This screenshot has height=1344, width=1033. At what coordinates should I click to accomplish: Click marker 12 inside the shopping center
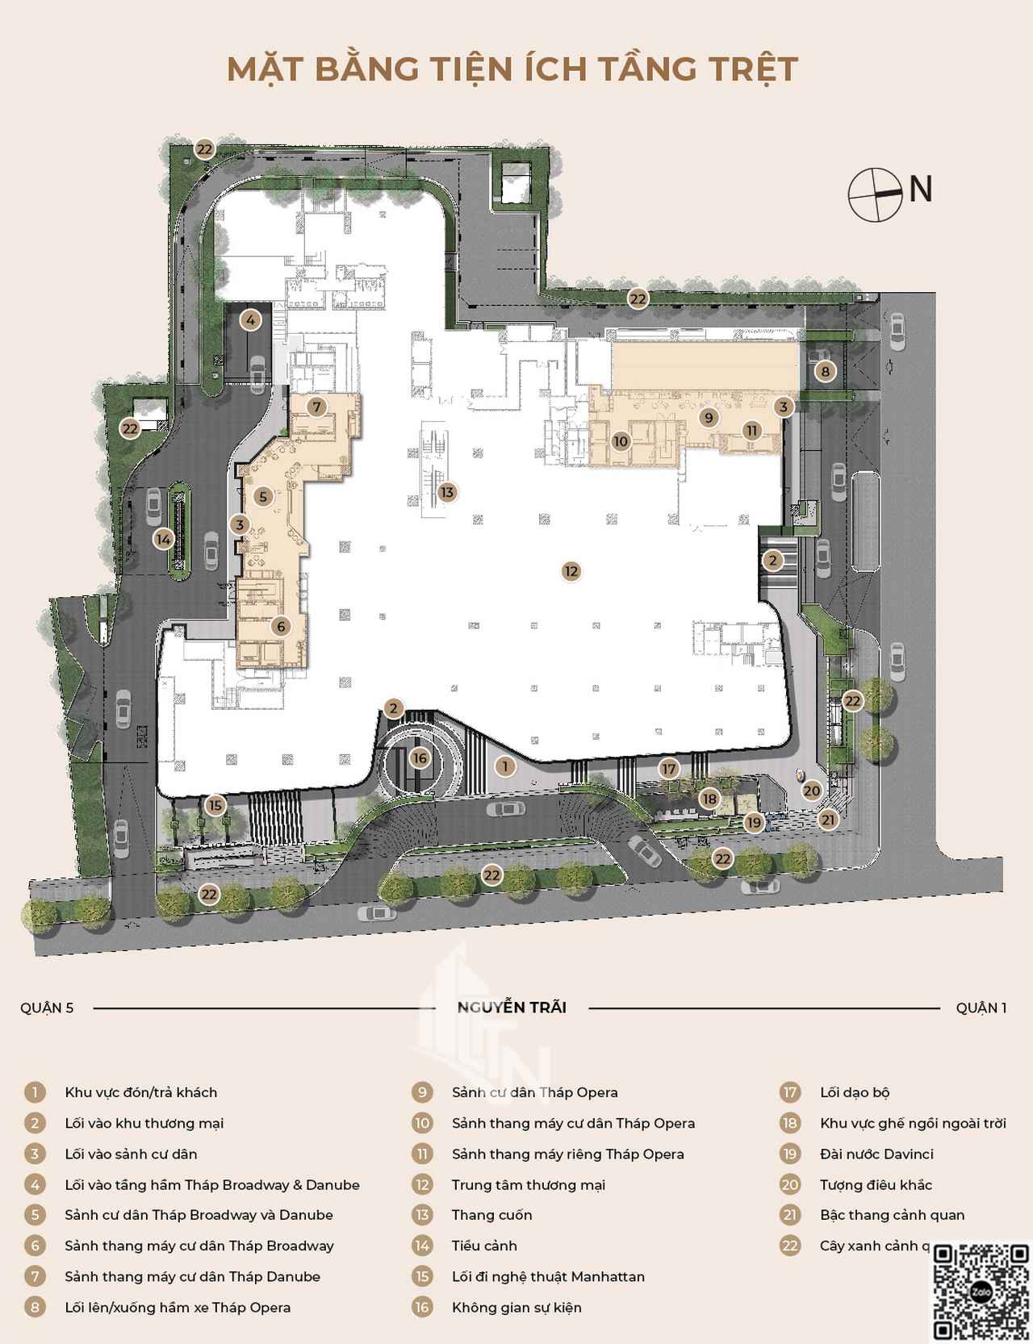point(571,571)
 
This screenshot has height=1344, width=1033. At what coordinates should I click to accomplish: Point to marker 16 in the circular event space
point(419,758)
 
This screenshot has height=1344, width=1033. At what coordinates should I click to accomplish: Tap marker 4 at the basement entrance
point(251,320)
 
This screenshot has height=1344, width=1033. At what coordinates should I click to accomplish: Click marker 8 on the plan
point(824,372)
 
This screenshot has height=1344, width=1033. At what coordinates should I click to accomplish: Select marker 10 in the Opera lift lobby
point(621,441)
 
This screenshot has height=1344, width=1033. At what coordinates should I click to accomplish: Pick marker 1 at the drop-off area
point(505,766)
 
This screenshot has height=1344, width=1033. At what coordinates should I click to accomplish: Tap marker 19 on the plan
point(755,823)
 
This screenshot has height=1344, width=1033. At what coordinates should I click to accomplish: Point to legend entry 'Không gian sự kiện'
point(516,1308)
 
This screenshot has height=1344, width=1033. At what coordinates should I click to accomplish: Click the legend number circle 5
point(35,1215)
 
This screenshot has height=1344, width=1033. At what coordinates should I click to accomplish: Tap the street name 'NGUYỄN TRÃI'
point(512,1008)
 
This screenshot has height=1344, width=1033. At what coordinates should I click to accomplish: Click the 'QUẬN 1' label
point(981,1008)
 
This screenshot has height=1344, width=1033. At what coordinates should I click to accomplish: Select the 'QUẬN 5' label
point(48,1008)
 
